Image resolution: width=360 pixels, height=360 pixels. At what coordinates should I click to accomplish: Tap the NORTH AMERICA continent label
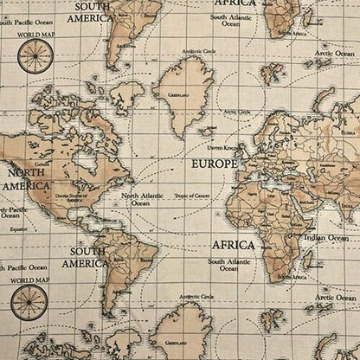[26, 178]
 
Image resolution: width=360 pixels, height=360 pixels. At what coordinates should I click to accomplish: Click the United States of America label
[72, 198]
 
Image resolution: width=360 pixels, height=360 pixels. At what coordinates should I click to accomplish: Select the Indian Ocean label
[326, 236]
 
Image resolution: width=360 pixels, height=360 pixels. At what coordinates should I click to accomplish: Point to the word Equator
[17, 229]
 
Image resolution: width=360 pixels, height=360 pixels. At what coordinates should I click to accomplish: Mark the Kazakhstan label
[329, 164]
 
